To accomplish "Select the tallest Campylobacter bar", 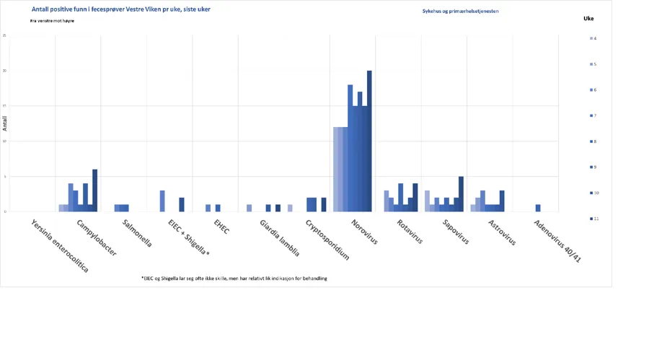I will click(94, 190).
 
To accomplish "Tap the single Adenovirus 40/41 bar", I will click(538, 208).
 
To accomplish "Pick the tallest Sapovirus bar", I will click(461, 194).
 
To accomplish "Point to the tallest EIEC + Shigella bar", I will click(162, 201).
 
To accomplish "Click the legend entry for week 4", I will click(593, 38).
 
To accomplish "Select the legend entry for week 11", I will click(593, 219).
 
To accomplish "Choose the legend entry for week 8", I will click(593, 141).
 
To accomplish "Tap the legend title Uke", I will click(588, 19).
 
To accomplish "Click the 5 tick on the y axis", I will click(5, 177).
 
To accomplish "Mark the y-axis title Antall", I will click(5, 123).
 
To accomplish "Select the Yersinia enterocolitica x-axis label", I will click(61, 245).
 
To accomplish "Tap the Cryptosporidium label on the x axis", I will click(327, 240).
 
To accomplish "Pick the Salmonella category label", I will click(137, 233).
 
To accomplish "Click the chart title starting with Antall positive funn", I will click(121, 9).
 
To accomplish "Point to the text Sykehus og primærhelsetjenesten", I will click(460, 12).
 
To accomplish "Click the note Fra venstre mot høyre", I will click(52, 21).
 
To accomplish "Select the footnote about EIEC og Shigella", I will click(234, 278).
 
